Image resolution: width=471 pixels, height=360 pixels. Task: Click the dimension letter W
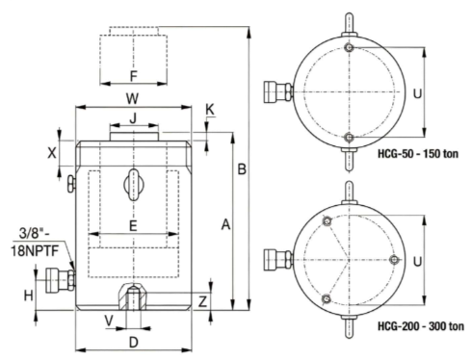(132, 98)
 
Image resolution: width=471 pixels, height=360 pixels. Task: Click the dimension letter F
(134, 76)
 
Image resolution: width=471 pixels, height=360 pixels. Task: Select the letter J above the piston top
(133, 118)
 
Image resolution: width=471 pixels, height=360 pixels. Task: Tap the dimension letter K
(210, 110)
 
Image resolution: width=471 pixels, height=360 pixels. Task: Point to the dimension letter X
(52, 153)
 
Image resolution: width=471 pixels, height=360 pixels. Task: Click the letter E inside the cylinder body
(133, 226)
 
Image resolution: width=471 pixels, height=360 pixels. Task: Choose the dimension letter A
(225, 224)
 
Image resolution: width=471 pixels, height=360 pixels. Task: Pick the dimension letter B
(242, 169)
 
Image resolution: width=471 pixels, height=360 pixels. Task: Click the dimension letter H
(29, 296)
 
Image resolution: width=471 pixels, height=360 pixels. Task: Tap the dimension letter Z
(202, 301)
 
